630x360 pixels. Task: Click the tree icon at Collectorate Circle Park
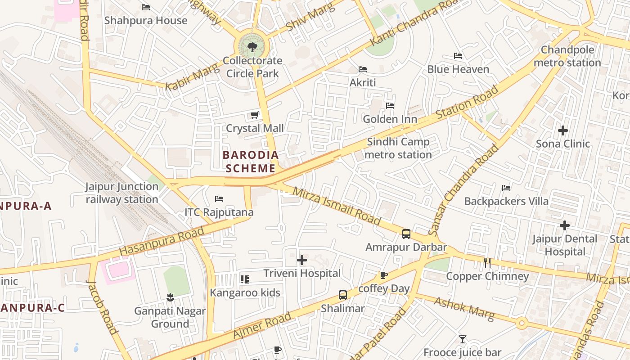point(252,47)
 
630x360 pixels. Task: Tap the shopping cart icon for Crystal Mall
point(255,115)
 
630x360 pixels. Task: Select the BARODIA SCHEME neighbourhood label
point(251,162)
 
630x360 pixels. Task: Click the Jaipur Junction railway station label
point(122,193)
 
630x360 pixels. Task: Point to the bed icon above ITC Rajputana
point(219,199)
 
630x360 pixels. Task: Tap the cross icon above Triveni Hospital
point(302,260)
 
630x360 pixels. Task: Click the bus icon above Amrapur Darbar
point(406,234)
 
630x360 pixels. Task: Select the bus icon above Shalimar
point(343,296)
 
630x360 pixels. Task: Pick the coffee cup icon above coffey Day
point(383,275)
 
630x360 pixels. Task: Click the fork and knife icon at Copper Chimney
point(487,263)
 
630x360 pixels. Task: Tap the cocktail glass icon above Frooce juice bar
point(463,339)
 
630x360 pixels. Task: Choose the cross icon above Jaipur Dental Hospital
point(565,225)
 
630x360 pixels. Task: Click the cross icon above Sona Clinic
point(563,131)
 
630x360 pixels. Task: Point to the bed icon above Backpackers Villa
point(506,188)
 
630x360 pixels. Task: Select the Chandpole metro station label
point(567,56)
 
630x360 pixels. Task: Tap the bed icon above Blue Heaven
point(458,56)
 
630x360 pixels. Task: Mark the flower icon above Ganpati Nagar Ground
point(170,297)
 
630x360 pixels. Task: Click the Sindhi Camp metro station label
point(398,148)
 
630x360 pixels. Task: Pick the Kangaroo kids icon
point(245,279)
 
